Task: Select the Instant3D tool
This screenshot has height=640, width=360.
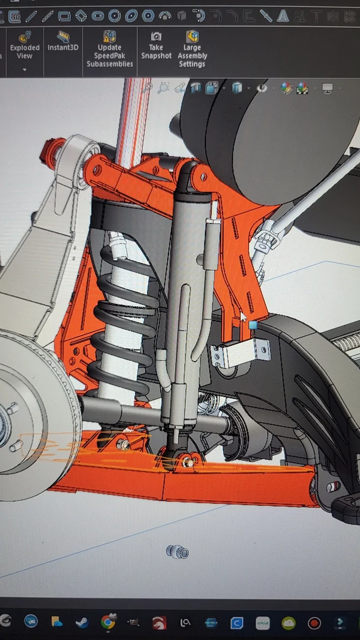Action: tap(63, 41)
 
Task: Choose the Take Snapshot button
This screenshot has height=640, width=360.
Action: tap(156, 46)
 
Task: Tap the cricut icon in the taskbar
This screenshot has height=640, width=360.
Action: tap(262, 623)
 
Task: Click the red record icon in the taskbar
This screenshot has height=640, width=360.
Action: tap(314, 623)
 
